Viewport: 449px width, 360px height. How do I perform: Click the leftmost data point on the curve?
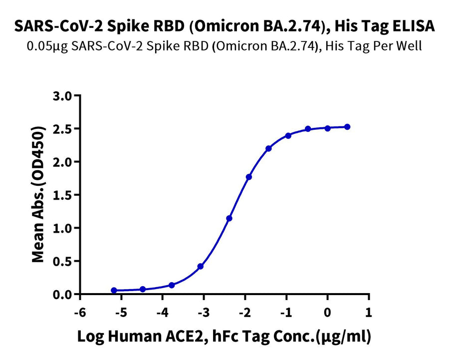pyautogui.click(x=114, y=290)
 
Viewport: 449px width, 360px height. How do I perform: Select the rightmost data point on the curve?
pyautogui.click(x=347, y=127)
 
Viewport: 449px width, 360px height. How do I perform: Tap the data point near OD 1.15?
pyautogui.click(x=229, y=218)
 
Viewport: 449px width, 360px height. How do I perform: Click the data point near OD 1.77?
pyautogui.click(x=249, y=177)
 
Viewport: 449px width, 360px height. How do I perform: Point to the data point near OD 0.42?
pyautogui.click(x=201, y=266)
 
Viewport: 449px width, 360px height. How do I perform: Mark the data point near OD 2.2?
pyautogui.click(x=268, y=148)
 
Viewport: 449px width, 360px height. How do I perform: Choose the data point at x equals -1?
pyautogui.click(x=288, y=135)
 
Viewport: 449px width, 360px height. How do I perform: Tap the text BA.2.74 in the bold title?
pyautogui.click(x=292, y=26)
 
